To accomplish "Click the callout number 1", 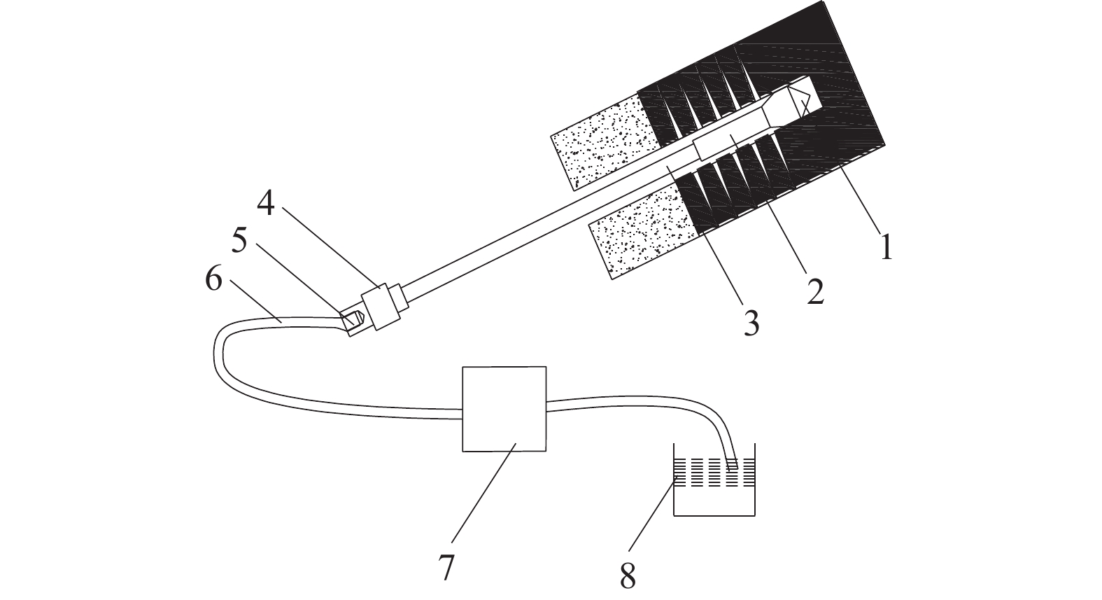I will (886, 246).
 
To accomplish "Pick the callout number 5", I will (239, 242).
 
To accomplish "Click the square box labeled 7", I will (504, 409).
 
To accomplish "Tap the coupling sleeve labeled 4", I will (384, 306).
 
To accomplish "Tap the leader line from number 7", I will (483, 494).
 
